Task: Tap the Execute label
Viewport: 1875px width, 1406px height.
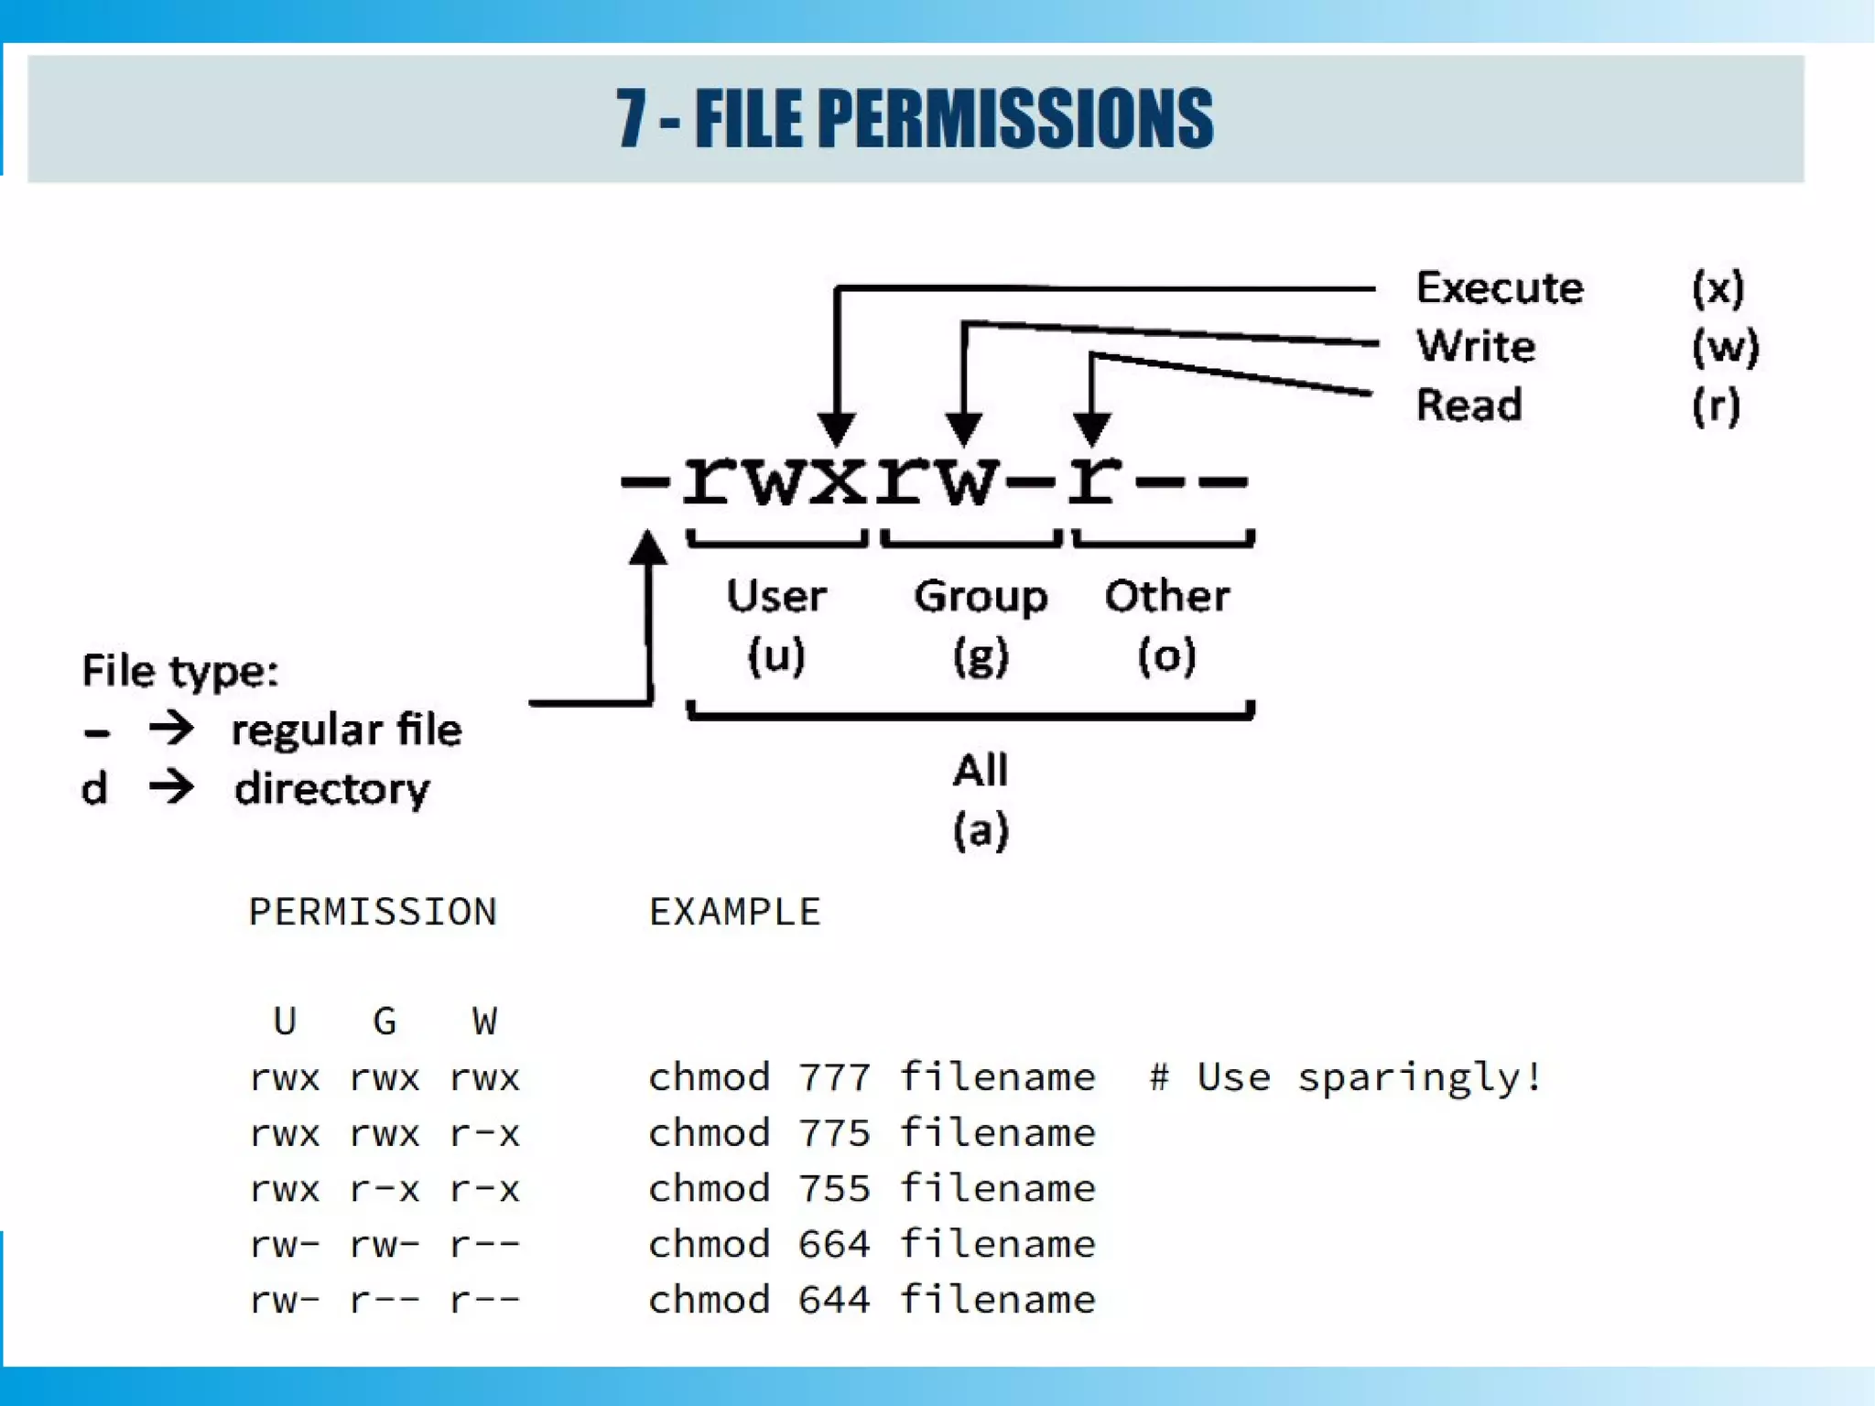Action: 1499,287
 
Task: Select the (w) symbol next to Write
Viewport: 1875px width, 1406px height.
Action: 1724,346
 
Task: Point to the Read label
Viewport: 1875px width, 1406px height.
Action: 1469,405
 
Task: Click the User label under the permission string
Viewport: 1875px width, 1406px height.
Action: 776,596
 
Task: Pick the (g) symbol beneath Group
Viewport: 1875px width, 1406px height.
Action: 980,655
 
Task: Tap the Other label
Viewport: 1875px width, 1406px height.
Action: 1166,596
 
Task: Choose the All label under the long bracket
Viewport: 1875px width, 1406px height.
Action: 980,770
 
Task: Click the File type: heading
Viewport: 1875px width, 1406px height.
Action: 179,671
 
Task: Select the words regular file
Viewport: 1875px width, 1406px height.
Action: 346,730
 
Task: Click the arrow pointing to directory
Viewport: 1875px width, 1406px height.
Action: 172,786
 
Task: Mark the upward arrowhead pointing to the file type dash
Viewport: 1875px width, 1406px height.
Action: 648,548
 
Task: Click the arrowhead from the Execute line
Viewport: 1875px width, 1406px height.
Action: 836,427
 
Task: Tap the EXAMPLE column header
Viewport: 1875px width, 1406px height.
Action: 734,912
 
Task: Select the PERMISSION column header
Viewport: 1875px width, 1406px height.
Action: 373,912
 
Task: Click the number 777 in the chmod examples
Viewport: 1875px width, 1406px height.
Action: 833,1077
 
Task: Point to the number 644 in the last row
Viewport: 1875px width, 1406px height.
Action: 833,1300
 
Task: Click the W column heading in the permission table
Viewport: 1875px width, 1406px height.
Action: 484,1021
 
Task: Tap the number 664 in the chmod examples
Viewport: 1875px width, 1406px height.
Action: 833,1244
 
